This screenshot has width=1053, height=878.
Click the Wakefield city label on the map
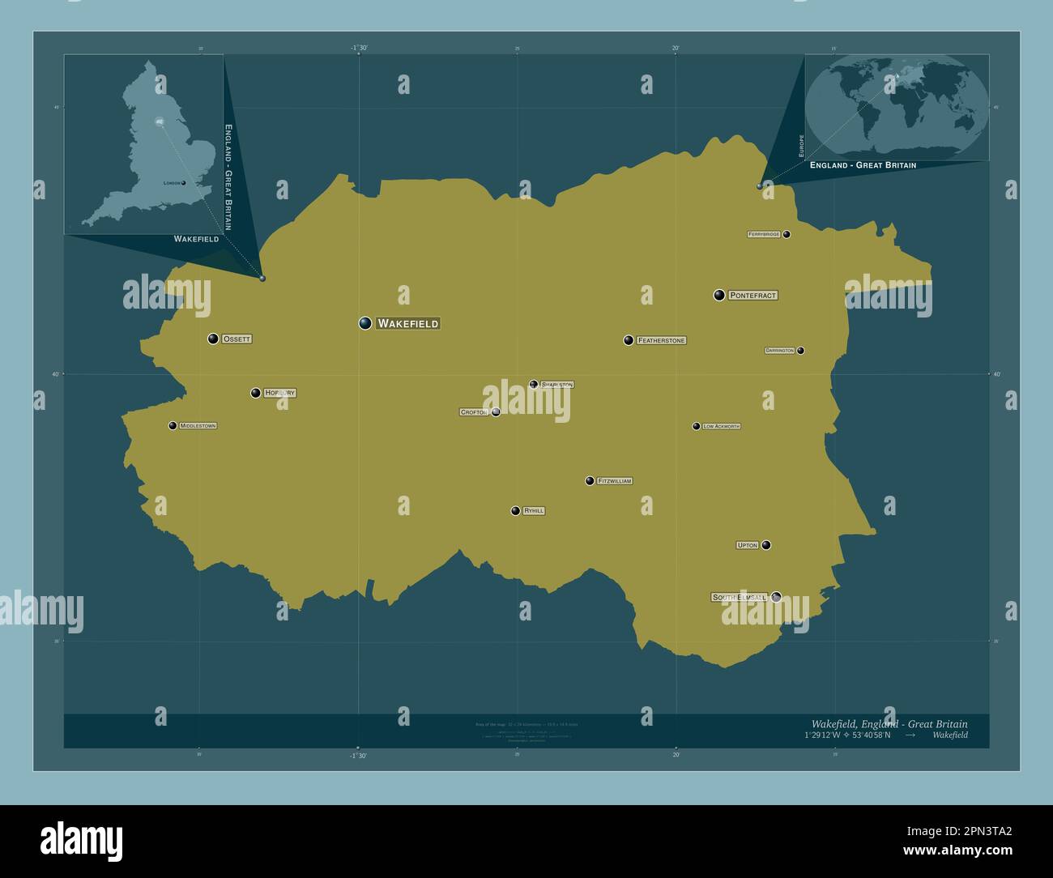point(408,324)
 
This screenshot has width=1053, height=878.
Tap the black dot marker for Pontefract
point(718,295)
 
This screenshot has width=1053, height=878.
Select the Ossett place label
point(237,339)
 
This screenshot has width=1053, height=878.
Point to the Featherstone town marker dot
point(628,340)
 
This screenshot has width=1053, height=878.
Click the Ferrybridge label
point(764,234)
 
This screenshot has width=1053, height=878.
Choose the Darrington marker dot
point(800,351)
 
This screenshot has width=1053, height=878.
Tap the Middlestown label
point(198,426)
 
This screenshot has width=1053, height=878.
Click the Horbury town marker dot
point(255,393)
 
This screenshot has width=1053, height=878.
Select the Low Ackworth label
point(721,426)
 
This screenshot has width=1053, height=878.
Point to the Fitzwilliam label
point(614,481)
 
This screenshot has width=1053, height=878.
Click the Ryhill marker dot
point(515,511)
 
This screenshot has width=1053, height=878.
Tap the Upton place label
point(747,545)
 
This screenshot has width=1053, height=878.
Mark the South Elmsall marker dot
point(776,597)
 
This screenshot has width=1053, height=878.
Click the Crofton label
point(474,412)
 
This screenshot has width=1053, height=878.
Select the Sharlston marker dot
point(533,385)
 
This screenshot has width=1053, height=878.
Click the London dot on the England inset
point(184,183)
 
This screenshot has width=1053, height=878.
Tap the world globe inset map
point(897,106)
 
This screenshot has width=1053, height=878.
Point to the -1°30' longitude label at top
point(359,49)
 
